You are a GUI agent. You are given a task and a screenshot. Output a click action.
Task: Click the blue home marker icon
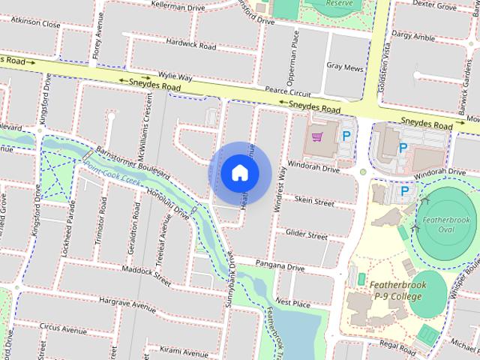(x=239, y=173)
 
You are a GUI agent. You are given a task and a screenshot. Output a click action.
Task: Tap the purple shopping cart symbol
(x=318, y=136)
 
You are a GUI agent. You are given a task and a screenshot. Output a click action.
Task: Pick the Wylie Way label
(x=175, y=76)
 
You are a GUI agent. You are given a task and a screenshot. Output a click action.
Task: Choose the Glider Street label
(x=306, y=235)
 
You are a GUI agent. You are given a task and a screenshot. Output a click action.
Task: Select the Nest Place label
(x=292, y=302)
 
